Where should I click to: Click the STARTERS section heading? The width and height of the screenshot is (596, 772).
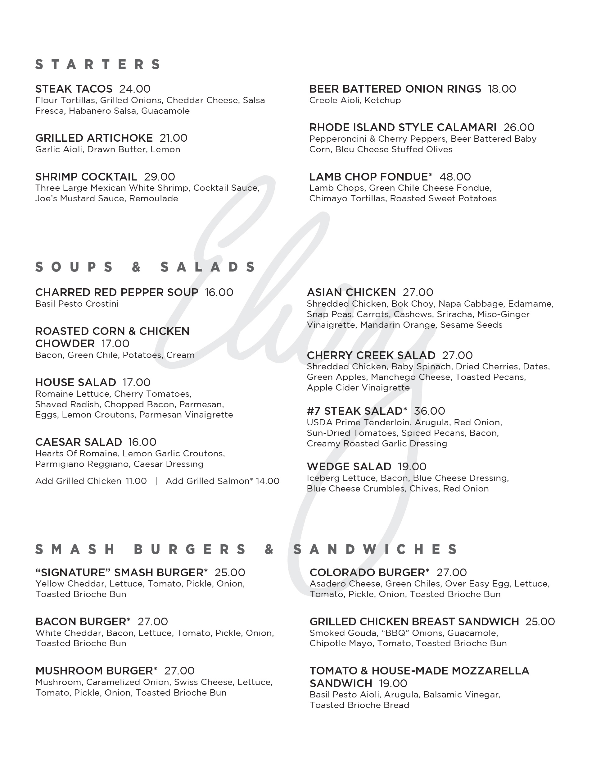(98, 64)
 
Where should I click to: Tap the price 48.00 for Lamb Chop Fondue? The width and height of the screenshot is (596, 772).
(455, 177)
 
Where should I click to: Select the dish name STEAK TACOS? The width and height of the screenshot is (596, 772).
(74, 89)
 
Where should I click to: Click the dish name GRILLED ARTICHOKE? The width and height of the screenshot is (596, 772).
(94, 138)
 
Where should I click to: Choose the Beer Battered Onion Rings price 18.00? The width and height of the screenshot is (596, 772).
(502, 89)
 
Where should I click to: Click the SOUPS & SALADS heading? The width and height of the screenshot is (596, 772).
(146, 267)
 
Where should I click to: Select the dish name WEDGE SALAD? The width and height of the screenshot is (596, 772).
(349, 467)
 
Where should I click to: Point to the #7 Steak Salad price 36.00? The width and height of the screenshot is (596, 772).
(429, 411)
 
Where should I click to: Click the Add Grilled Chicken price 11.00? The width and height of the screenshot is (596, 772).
(136, 481)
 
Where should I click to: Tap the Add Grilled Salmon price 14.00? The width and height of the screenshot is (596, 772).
(268, 481)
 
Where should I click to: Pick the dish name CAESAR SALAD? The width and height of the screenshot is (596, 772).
(79, 442)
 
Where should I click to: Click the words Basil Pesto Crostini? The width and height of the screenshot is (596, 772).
(77, 304)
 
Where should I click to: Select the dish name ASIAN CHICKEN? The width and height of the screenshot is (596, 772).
(351, 292)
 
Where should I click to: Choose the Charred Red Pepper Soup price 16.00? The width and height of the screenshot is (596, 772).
(219, 292)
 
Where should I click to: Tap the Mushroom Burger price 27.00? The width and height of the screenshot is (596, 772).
(179, 671)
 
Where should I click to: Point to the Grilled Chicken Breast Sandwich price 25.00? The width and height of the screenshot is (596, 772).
(540, 622)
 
